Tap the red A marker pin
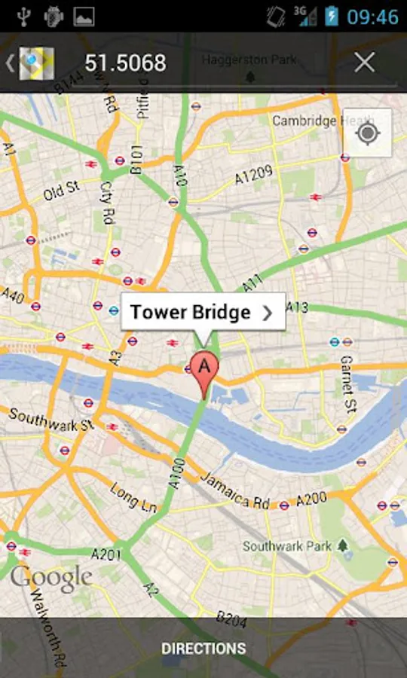[x=203, y=368]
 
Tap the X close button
[x=365, y=63]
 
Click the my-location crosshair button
[x=368, y=133]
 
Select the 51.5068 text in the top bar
[x=125, y=63]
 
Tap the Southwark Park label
[x=286, y=545]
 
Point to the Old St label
[x=61, y=188]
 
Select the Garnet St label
[x=347, y=383]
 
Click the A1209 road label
[x=253, y=176]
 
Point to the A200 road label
[x=311, y=499]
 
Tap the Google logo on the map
[x=50, y=579]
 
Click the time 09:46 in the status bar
[x=372, y=17]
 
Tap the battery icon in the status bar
[x=330, y=17]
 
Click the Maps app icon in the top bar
[x=36, y=63]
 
